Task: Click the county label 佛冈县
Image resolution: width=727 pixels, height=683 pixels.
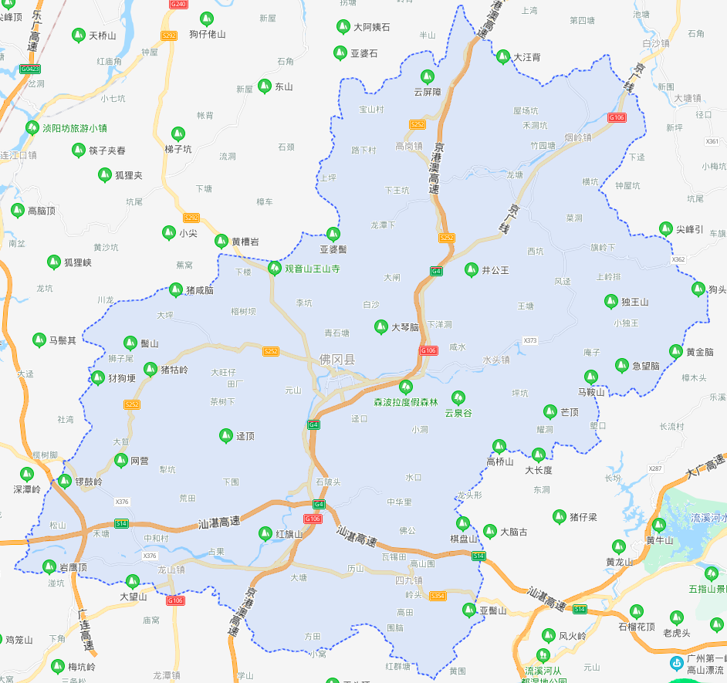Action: pos(338,360)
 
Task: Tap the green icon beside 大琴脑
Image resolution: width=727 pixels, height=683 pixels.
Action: pos(380,327)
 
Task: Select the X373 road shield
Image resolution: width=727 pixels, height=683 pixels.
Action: pos(530,340)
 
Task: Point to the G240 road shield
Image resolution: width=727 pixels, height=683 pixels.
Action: pos(178,5)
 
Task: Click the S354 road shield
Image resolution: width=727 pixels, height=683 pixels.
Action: pos(438,596)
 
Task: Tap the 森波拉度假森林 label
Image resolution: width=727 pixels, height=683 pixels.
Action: pos(406,403)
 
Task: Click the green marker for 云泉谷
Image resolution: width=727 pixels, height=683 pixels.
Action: pos(458,398)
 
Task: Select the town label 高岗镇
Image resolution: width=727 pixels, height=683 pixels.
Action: pos(409,146)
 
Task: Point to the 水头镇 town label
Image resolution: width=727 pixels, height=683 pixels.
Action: pos(496,360)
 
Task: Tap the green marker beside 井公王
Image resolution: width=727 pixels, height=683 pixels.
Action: pos(471,270)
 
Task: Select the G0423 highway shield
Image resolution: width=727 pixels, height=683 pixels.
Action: pos(30,69)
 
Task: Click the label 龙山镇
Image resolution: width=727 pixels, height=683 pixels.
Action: pos(171,570)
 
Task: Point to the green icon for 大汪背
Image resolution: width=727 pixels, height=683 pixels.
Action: pos(504,57)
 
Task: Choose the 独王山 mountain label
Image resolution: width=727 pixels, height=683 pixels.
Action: pos(635,302)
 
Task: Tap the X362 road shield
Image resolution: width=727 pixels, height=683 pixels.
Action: pos(678,259)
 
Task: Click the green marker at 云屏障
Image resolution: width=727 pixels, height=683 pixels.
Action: pos(427,77)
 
